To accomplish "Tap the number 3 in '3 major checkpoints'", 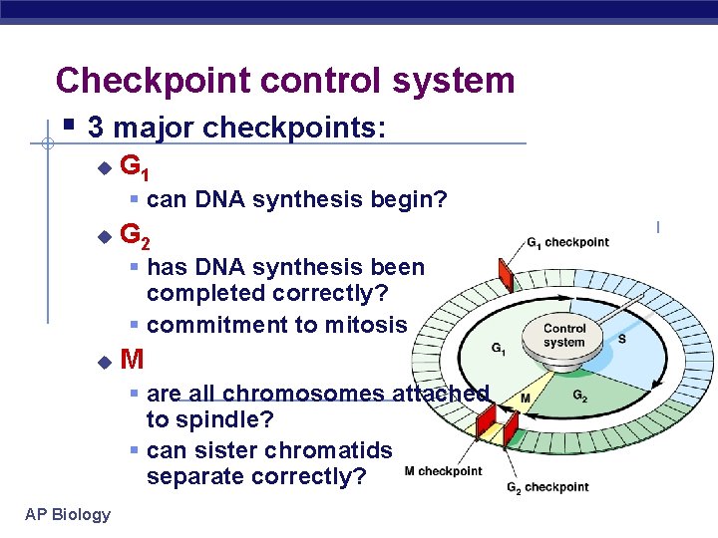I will pyautogui.click(x=95, y=128).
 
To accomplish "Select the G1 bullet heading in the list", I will pyautogui.click(x=135, y=167).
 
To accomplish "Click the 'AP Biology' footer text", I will pyautogui.click(x=69, y=514).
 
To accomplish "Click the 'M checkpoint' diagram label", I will pyautogui.click(x=444, y=471).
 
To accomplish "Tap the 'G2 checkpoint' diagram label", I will pyautogui.click(x=547, y=488).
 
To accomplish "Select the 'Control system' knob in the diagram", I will pyautogui.click(x=564, y=337).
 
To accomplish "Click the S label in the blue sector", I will pyautogui.click(x=622, y=339).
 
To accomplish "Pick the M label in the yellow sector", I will pyautogui.click(x=524, y=399).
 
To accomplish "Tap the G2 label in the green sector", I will pyautogui.click(x=580, y=397).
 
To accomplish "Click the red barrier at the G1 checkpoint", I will pyautogui.click(x=505, y=272).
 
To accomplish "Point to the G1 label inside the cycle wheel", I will pyautogui.click(x=499, y=350).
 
